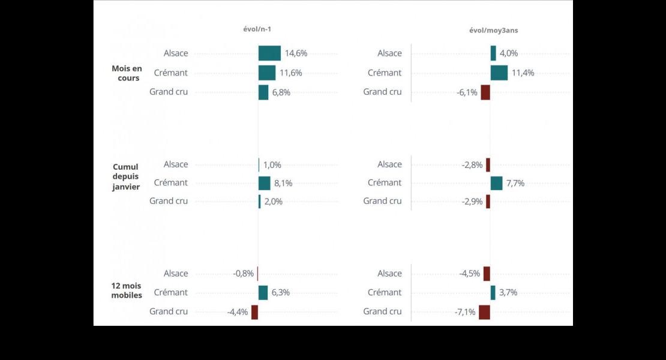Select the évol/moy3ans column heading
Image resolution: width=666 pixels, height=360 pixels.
click(493, 30)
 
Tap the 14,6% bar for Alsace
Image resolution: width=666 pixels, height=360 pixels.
click(269, 53)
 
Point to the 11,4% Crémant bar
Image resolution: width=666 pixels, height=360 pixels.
click(499, 73)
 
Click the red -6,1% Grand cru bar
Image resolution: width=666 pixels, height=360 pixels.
click(485, 92)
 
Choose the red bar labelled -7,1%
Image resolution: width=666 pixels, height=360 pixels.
click(484, 312)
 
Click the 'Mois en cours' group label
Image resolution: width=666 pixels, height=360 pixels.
click(126, 73)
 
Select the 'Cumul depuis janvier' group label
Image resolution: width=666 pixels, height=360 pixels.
click(126, 177)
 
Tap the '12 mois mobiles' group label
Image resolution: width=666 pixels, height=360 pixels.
click(127, 290)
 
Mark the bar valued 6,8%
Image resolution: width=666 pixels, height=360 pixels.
click(263, 92)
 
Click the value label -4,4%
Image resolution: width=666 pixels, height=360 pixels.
click(238, 312)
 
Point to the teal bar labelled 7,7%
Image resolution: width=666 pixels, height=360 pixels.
click(496, 183)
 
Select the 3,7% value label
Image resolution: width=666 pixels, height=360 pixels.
click(508, 293)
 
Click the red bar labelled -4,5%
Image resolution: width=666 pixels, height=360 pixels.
click(487, 274)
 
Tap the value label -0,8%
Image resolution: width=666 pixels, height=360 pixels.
click(244, 274)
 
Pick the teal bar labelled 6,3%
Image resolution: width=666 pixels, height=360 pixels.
click(263, 293)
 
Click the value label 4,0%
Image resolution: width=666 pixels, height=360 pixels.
click(508, 53)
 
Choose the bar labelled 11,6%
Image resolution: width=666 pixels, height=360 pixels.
click(267, 73)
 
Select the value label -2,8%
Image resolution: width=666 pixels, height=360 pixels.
click(472, 165)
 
